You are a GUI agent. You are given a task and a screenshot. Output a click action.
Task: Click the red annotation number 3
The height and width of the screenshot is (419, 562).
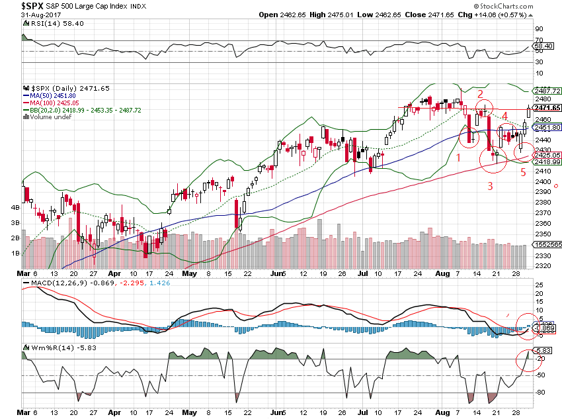(490, 186)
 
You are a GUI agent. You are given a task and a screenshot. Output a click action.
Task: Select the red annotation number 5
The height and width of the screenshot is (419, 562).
(523, 173)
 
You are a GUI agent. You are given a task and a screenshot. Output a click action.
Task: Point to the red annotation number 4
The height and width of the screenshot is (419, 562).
(504, 116)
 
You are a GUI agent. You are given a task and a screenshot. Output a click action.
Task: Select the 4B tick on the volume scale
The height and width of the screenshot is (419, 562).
(14, 207)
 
